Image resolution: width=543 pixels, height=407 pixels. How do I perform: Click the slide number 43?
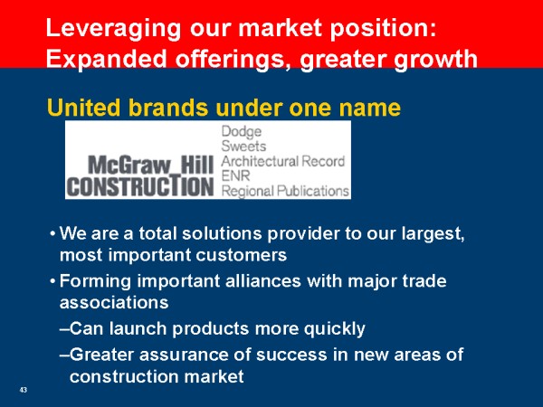click(24, 390)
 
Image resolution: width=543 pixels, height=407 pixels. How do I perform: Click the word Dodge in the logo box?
click(242, 132)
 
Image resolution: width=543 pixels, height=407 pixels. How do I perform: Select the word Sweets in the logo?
click(243, 146)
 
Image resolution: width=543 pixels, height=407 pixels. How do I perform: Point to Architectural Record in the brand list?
click(283, 161)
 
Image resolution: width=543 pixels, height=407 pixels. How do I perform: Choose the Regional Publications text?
click(285, 191)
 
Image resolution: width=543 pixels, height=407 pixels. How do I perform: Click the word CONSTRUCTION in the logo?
click(140, 186)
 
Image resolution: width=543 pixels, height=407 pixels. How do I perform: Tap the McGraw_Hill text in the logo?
click(150, 166)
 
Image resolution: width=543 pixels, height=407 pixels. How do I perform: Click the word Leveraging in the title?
click(113, 29)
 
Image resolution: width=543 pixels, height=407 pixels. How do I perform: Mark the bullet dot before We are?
click(52, 233)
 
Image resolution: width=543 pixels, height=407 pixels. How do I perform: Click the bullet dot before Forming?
click(52, 280)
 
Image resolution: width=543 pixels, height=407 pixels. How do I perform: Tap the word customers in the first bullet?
click(241, 255)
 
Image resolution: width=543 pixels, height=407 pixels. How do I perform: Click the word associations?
click(114, 303)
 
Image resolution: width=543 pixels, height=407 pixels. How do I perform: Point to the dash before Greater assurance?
click(64, 355)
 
